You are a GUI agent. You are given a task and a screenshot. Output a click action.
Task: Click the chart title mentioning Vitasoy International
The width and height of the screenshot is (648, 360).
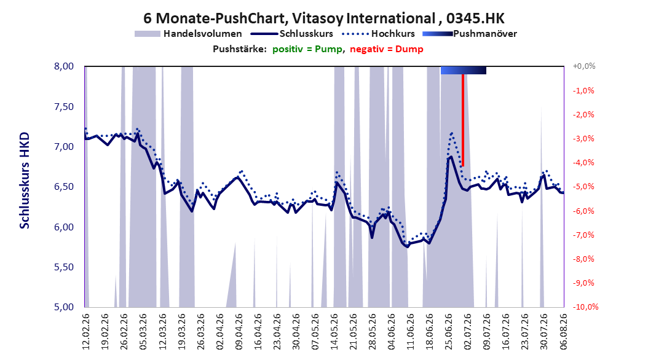(324, 18)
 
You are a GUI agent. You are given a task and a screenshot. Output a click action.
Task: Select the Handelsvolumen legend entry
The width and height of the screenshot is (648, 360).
(189, 34)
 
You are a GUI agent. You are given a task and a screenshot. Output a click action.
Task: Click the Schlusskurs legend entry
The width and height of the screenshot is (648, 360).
(292, 34)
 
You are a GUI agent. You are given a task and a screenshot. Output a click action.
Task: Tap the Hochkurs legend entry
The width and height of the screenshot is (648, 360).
(377, 34)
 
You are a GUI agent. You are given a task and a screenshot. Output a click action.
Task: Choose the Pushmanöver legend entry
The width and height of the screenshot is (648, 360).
(470, 34)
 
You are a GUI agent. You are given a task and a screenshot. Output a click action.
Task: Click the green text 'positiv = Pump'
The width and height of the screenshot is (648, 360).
(307, 49)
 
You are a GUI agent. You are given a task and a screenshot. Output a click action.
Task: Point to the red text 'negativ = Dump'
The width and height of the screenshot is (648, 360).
(387, 49)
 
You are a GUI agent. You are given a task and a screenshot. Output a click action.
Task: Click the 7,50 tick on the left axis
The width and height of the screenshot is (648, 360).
(64, 106)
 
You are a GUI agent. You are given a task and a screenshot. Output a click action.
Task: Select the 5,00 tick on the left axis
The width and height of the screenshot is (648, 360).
(64, 307)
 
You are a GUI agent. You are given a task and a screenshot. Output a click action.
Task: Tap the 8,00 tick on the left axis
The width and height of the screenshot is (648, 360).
(64, 66)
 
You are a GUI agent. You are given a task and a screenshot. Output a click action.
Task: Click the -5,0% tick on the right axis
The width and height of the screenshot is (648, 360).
(583, 187)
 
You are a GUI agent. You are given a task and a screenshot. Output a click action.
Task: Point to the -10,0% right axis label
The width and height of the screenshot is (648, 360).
(585, 307)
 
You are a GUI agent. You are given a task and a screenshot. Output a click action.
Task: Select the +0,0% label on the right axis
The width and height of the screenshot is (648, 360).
(584, 66)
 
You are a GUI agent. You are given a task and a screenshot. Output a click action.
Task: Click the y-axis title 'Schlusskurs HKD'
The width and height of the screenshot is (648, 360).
(25, 181)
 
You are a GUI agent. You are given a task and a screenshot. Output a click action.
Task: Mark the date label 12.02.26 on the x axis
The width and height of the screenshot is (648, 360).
(86, 332)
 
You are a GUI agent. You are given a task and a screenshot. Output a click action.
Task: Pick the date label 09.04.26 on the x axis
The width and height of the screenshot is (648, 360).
(239, 332)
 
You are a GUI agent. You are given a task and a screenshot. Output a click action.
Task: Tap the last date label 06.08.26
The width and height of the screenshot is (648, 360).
(564, 332)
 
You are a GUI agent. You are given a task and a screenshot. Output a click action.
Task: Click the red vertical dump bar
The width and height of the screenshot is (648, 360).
(463, 120)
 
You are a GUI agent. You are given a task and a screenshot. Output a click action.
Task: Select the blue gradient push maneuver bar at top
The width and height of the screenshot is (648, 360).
(464, 70)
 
